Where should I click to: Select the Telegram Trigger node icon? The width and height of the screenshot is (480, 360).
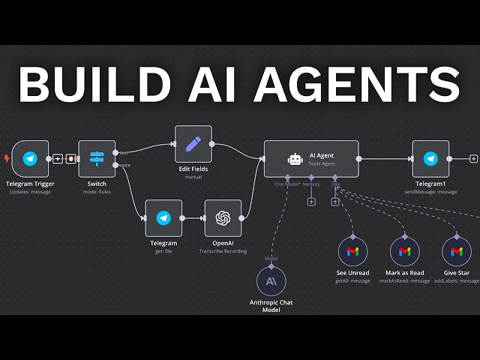[30, 159]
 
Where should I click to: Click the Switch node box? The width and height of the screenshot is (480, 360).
[97, 159]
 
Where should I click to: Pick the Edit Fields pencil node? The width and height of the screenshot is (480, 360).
[193, 144]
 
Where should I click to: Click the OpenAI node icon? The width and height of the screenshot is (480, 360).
[223, 218]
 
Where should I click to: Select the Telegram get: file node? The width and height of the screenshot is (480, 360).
[163, 218]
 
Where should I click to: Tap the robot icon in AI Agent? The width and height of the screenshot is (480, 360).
[295, 159]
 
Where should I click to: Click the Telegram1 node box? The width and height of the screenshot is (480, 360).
[430, 159]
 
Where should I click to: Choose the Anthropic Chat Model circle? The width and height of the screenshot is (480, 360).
[271, 281]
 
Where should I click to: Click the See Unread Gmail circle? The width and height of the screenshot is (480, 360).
[352, 251]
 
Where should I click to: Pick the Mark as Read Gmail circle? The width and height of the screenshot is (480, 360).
[405, 251]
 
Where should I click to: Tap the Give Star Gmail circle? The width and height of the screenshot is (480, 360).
[456, 251]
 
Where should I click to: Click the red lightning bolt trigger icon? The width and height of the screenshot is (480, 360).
[7, 159]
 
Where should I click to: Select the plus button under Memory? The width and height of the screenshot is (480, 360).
[311, 201]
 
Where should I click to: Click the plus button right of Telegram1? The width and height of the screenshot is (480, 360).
[473, 159]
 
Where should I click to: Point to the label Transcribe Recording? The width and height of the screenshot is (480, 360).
[223, 251]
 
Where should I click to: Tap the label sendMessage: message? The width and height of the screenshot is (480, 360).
[430, 192]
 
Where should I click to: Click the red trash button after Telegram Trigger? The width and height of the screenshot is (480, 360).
[70, 159]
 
